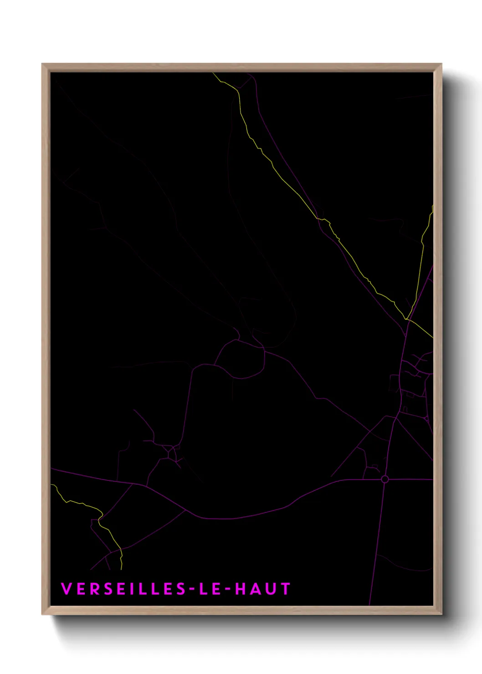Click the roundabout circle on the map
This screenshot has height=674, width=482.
click(x=385, y=479)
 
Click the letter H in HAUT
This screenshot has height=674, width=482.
click(x=240, y=589)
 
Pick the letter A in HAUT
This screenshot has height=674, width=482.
click(x=256, y=589)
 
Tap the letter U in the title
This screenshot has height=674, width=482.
click(x=271, y=589)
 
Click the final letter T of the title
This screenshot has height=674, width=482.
click(x=286, y=589)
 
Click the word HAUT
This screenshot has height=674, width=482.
click(x=262, y=589)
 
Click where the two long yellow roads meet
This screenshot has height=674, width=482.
click(x=407, y=318)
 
